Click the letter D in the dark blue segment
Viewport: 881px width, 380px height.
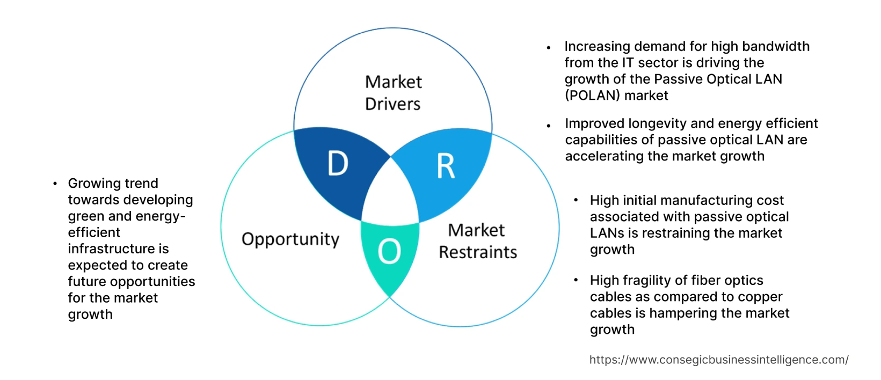pos(338,164)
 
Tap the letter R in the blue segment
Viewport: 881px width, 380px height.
pos(446,166)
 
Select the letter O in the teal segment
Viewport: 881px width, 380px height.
pos(389,251)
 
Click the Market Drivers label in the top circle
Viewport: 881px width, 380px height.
pos(393,93)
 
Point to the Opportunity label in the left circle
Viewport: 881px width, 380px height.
pos(290,239)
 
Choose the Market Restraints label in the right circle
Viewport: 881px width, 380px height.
pos(477,241)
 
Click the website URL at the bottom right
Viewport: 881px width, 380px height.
pos(718,360)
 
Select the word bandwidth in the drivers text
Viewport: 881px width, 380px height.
pos(774,47)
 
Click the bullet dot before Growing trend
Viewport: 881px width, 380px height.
pos(55,184)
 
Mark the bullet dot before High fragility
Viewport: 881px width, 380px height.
pos(576,281)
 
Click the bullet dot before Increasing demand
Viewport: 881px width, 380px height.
pos(549,48)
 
